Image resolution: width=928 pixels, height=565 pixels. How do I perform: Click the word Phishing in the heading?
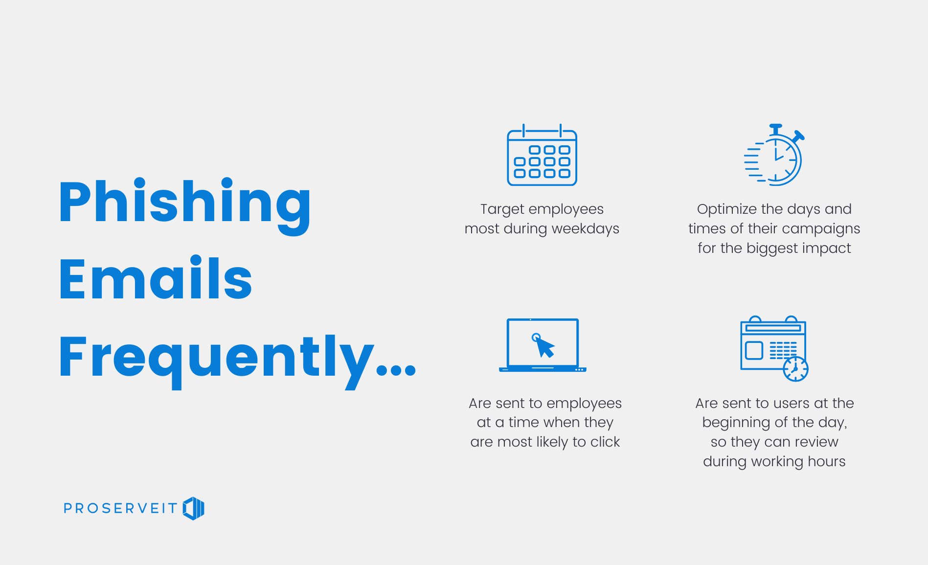pos(185,205)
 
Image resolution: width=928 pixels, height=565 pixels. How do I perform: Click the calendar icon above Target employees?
pos(542,155)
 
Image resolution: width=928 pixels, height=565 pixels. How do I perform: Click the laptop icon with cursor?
pos(543,345)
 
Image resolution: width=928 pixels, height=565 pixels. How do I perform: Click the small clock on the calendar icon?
pos(795,369)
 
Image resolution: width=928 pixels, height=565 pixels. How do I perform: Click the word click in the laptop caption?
pos(605,442)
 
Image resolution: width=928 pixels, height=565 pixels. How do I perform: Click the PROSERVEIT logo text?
pos(120,508)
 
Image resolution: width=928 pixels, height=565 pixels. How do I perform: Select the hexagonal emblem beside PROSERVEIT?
pos(194,508)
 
